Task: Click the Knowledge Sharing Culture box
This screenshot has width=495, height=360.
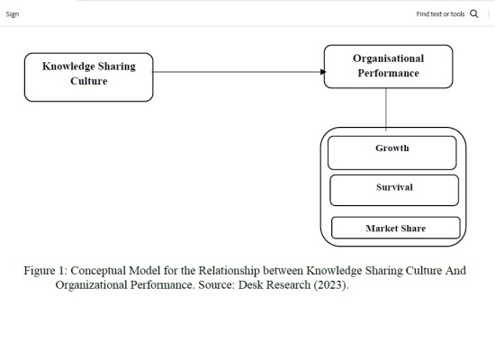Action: click(x=89, y=77)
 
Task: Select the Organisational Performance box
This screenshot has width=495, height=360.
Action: click(x=388, y=67)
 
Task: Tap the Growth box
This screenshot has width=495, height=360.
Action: click(x=392, y=153)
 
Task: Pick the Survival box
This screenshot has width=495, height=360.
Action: click(x=394, y=190)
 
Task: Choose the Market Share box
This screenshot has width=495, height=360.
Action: click(x=396, y=228)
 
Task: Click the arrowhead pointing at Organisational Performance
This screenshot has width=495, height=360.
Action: click(x=323, y=72)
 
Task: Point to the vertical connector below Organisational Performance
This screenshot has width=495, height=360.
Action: click(x=386, y=109)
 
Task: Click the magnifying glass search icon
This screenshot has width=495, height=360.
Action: click(x=474, y=13)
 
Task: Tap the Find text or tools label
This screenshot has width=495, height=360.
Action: click(x=440, y=13)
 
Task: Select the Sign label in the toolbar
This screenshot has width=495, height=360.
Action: click(x=13, y=14)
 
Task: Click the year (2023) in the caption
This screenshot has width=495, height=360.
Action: click(x=329, y=284)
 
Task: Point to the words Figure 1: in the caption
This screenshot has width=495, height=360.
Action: click(x=46, y=271)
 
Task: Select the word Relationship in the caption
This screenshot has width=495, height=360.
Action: click(x=229, y=271)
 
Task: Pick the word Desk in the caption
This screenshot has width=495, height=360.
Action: click(x=251, y=284)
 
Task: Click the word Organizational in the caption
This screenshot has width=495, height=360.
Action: click(x=91, y=284)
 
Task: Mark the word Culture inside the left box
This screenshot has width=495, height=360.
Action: click(x=89, y=81)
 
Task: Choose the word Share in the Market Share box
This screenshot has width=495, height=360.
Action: click(x=413, y=229)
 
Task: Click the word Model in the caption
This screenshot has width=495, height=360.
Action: click(x=145, y=271)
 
